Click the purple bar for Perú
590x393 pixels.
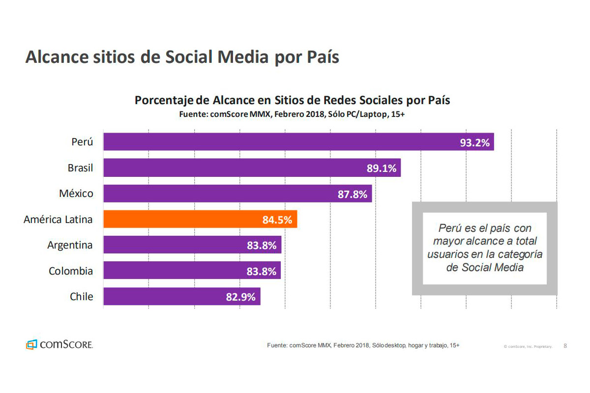pyautogui.click(x=298, y=142)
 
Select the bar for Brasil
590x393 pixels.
pyautogui.click(x=252, y=168)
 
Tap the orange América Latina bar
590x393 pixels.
pyautogui.click(x=200, y=219)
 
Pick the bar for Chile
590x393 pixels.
pyautogui.click(x=181, y=296)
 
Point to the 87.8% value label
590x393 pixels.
pyautogui.click(x=353, y=194)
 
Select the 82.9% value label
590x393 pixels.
pyautogui.click(x=240, y=297)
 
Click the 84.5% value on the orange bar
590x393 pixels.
pyautogui.click(x=277, y=220)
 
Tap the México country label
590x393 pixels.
pyautogui.click(x=76, y=194)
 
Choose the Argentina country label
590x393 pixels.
pyautogui.click(x=70, y=245)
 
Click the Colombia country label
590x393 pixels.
pyautogui.click(x=71, y=271)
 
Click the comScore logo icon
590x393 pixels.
pyautogui.click(x=31, y=345)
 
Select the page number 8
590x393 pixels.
pyautogui.click(x=565, y=346)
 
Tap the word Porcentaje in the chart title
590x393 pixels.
pyautogui.click(x=164, y=100)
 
